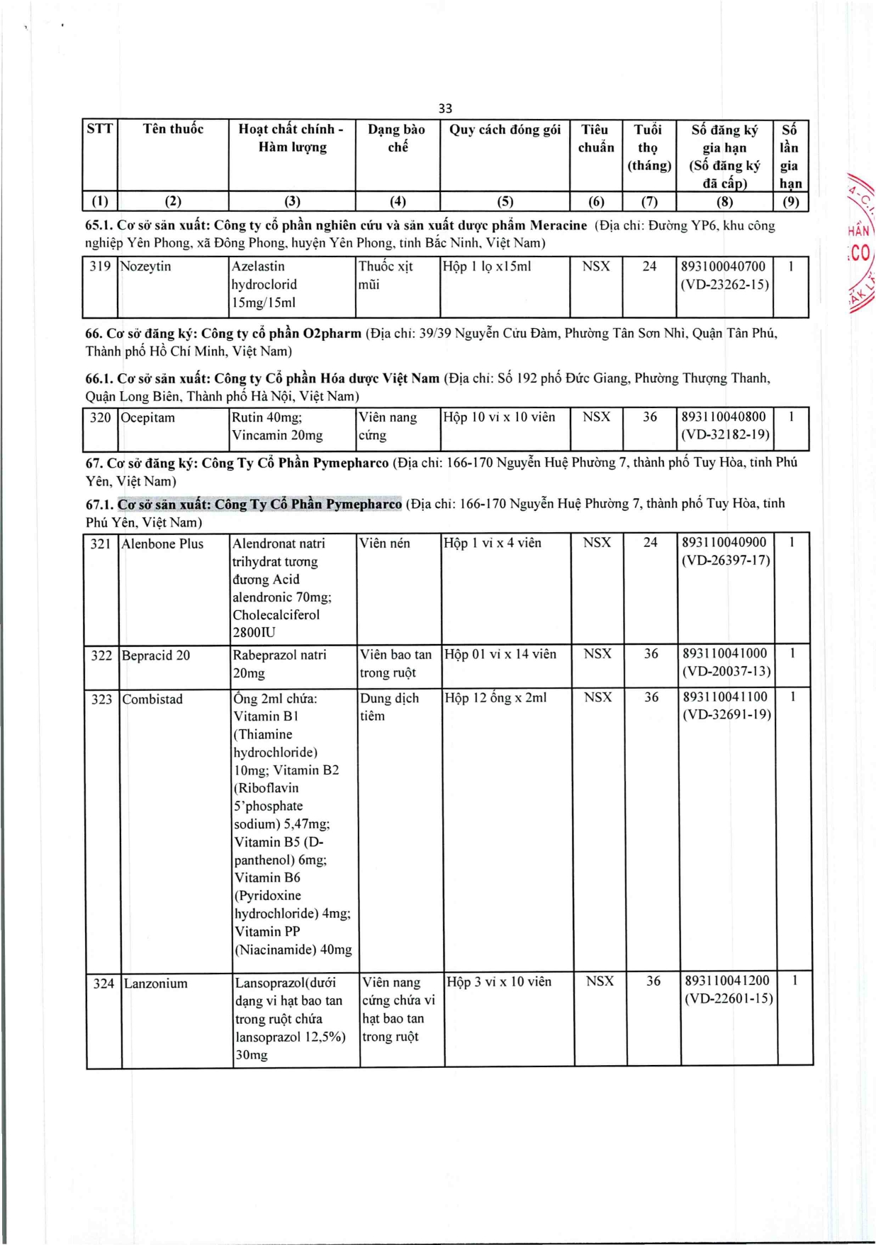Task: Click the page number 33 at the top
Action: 445,108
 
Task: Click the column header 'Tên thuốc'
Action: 173,129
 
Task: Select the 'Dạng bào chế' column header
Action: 397,138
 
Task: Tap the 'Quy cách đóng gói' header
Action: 505,130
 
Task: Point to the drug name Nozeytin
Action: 146,266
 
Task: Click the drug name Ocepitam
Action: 148,417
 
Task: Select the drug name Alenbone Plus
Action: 162,543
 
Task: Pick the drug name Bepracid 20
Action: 156,655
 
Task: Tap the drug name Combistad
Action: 152,699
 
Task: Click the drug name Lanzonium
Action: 156,984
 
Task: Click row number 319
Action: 100,266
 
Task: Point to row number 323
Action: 102,699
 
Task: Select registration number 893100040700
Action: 724,266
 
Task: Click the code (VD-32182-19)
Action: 725,434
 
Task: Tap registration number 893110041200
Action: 727,981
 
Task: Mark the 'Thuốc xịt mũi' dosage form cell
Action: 386,275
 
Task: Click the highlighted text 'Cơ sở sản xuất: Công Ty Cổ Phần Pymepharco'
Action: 259,504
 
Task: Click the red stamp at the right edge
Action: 861,244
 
